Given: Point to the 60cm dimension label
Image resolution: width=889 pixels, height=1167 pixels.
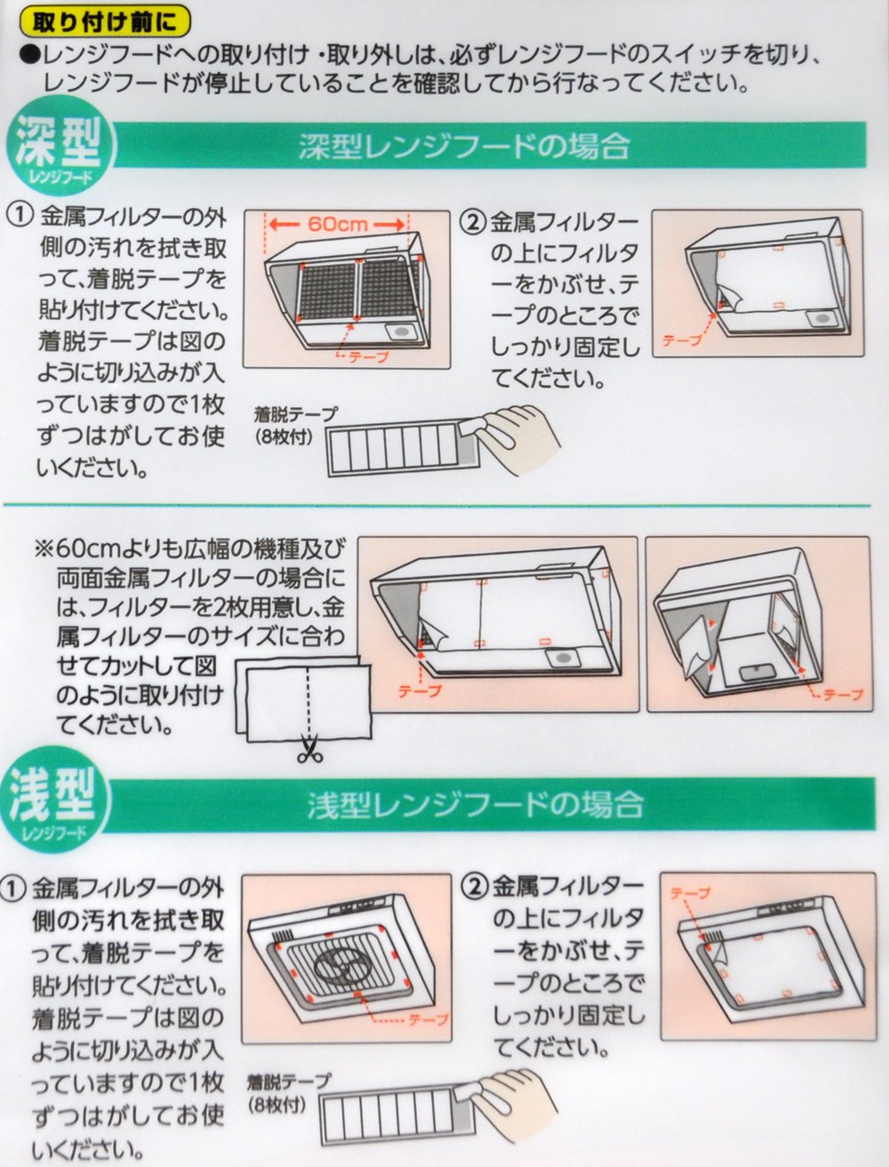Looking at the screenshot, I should tap(338, 225).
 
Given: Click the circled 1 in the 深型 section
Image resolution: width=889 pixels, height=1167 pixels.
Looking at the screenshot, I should tap(17, 217).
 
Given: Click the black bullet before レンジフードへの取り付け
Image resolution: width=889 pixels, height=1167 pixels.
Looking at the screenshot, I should tap(28, 56).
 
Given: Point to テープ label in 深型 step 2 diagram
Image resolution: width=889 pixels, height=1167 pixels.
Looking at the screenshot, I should tap(682, 340).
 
